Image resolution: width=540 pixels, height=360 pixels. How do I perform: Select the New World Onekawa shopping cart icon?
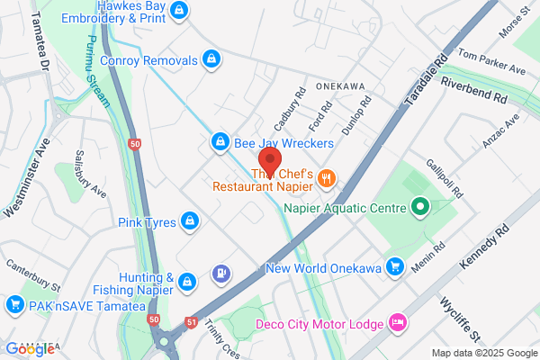pos(394,266)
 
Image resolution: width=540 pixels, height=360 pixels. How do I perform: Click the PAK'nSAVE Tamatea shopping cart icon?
pos(13,306)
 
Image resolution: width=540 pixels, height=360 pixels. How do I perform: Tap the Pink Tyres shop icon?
pos(190,220)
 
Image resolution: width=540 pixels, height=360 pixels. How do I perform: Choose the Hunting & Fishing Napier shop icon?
pos(187,282)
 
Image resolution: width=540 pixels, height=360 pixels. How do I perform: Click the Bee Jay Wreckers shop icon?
pos(220,142)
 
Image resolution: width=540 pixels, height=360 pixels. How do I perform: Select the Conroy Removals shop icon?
pos(211,60)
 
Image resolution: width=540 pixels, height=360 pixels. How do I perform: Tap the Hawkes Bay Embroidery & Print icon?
pos(180,10)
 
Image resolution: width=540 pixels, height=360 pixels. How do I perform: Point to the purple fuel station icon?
pos(220,272)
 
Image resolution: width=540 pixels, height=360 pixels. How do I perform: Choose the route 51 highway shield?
pos(191,320)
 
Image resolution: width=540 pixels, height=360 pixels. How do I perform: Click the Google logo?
pos(31,348)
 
